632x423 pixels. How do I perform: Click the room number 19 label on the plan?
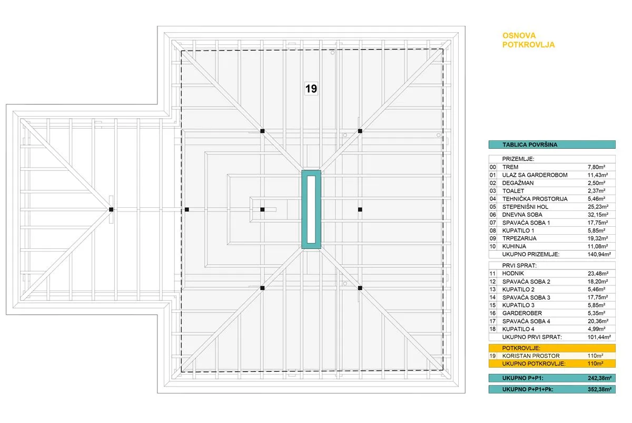[x=311, y=89]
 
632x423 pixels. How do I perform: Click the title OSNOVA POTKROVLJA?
[x=528, y=40]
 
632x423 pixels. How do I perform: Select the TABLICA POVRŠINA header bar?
[x=552, y=145]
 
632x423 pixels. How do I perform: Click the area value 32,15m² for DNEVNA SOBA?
[x=598, y=215]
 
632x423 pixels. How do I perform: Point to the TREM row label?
[x=510, y=167]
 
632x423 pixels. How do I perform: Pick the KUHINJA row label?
[x=514, y=246]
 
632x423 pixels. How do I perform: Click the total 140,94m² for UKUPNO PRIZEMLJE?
[x=599, y=254]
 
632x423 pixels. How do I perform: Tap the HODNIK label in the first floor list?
[x=513, y=274]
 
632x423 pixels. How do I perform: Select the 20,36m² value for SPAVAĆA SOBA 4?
[x=598, y=321]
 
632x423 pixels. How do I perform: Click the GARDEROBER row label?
[x=522, y=313]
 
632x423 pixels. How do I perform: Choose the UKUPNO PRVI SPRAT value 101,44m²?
[x=599, y=337]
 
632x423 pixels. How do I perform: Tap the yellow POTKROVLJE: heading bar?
[x=552, y=348]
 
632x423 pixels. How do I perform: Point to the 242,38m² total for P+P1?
[x=599, y=378]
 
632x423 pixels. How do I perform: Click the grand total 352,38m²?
[x=599, y=389]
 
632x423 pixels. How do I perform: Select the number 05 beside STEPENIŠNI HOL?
[x=492, y=207]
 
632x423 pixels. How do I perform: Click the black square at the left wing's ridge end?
[x=111, y=209]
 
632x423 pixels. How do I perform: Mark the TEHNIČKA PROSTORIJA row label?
[x=535, y=199]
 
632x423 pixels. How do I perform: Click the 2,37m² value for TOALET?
[x=596, y=191]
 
